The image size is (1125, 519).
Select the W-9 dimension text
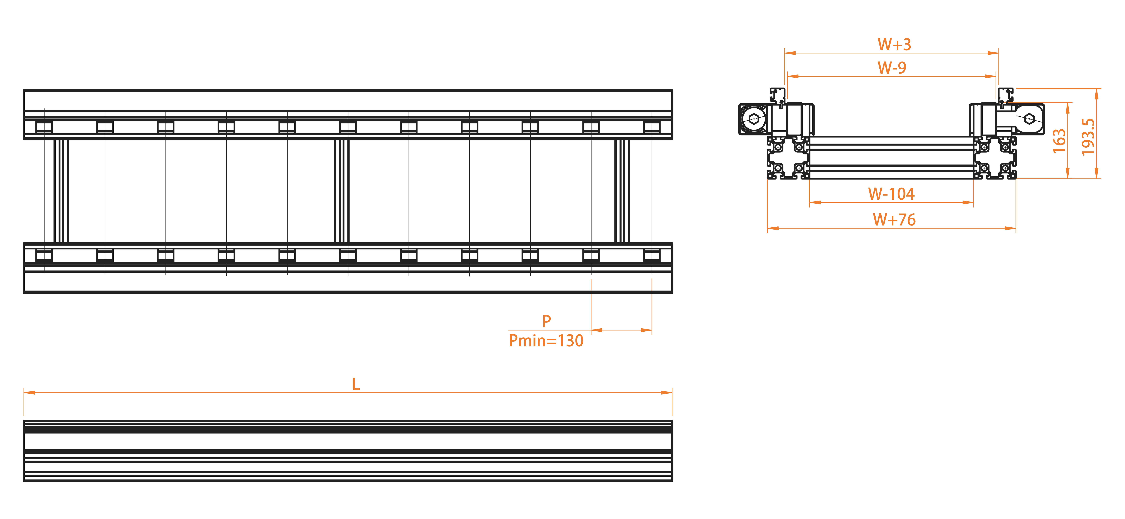pyautogui.click(x=892, y=68)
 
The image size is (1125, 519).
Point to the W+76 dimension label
pyautogui.click(x=894, y=220)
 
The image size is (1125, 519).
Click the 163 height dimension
pyautogui.click(x=1059, y=141)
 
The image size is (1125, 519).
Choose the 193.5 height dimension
pyautogui.click(x=1088, y=137)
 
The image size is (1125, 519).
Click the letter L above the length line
pyautogui.click(x=356, y=384)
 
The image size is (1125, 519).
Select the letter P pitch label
pyautogui.click(x=546, y=321)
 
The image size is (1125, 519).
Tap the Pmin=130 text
pyautogui.click(x=546, y=340)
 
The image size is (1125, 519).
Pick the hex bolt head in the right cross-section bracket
pyautogui.click(x=1029, y=118)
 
